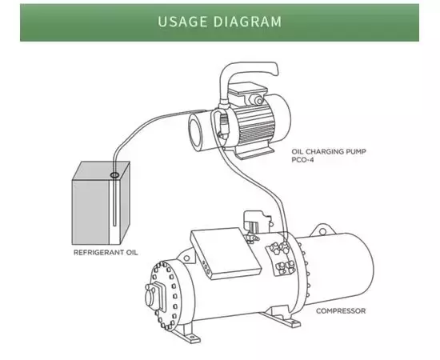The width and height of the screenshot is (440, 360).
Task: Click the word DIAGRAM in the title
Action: point(247,22)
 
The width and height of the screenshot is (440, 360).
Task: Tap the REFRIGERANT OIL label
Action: point(106,252)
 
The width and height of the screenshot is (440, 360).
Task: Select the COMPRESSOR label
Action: point(341,311)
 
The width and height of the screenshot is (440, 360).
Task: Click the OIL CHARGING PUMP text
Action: point(329,151)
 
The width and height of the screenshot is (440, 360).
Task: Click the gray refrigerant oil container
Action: point(101,202)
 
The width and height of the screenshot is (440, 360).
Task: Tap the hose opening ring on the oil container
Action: point(114,175)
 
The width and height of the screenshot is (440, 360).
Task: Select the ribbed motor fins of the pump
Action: point(254,123)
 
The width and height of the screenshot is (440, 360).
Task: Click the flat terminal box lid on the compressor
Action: point(226,253)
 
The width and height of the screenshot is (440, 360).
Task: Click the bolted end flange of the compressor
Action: point(164,295)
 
